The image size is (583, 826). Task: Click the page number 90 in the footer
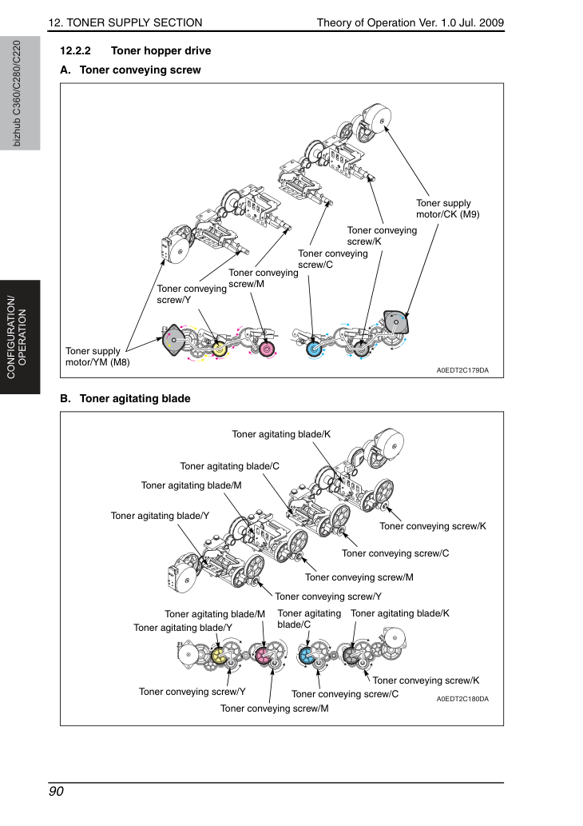[56, 792]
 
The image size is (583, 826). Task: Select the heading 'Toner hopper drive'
[161, 50]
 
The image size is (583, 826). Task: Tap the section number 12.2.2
[75, 50]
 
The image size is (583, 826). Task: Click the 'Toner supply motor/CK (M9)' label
[448, 209]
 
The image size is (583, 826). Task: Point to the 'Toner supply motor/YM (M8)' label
[97, 357]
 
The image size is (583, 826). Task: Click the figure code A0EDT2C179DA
[462, 370]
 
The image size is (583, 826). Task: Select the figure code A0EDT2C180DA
[462, 699]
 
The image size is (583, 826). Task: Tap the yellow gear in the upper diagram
[220, 348]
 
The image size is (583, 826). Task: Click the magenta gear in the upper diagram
[267, 349]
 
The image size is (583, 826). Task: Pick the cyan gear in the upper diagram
[315, 349]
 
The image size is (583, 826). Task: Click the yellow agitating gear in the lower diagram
[218, 656]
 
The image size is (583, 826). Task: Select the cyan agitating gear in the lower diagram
[306, 656]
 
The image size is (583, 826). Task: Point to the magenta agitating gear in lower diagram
[263, 656]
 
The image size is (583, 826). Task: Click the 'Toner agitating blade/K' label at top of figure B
[281, 434]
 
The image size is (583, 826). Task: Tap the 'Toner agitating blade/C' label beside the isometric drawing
[229, 466]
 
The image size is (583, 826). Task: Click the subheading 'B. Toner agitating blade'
[125, 398]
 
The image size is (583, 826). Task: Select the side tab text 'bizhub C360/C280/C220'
[17, 94]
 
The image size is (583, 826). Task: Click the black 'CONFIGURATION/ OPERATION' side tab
[20, 337]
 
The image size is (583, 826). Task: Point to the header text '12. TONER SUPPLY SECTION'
[125, 22]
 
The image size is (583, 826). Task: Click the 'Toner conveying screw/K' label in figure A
[382, 235]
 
